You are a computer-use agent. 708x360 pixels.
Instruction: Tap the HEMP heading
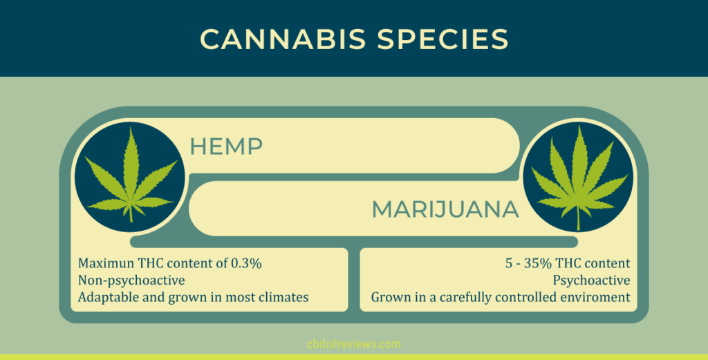[x=226, y=146]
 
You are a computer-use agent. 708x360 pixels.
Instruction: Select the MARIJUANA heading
[x=445, y=209]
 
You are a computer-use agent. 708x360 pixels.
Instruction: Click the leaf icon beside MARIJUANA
[x=578, y=178]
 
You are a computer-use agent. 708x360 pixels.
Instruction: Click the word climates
[x=283, y=298]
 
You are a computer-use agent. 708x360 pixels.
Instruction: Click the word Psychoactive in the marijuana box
[x=591, y=281]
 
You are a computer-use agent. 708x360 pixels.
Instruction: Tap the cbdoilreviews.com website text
[x=353, y=343]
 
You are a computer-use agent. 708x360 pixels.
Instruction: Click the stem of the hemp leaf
[x=131, y=212]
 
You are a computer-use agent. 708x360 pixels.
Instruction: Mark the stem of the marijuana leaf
[x=579, y=219]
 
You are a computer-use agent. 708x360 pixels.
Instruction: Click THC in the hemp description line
[x=151, y=263]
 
